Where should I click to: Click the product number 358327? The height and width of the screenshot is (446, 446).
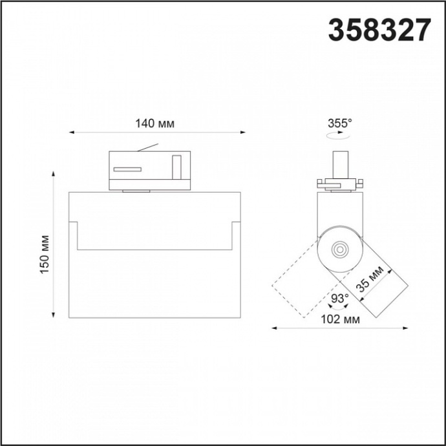coord(379,30)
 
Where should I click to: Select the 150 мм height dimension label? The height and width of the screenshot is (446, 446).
coord(44,253)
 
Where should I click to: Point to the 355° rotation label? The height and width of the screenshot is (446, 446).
coord(340,123)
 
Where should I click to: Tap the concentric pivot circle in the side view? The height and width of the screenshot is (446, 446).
coord(339,248)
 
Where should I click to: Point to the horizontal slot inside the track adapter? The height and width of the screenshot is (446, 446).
coord(127,169)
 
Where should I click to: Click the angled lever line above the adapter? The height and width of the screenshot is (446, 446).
coord(148,148)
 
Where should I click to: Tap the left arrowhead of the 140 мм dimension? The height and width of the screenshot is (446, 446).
coord(72,133)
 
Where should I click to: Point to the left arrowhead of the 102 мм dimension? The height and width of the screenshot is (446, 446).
coord(273,328)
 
